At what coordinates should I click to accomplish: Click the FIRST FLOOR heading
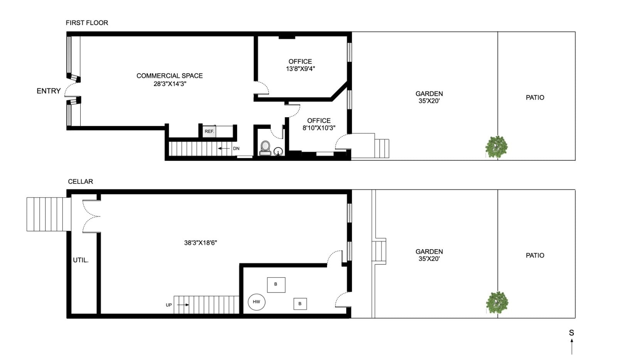87,23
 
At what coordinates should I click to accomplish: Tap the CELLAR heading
81,182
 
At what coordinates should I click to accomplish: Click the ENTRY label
49,91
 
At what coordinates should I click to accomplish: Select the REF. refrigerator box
209,132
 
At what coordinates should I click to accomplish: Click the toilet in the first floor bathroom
265,148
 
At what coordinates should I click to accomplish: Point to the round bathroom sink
278,151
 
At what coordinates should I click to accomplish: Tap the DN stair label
236,149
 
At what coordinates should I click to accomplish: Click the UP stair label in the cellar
169,305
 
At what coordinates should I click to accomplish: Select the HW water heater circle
256,302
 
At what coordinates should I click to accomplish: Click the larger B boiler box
276,285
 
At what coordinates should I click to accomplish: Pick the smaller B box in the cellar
300,304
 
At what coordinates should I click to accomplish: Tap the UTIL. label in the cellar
81,260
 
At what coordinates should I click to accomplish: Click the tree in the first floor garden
496,147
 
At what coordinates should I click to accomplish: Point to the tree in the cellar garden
497,303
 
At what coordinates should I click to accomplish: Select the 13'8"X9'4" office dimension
300,69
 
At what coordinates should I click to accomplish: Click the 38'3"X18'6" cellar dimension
201,243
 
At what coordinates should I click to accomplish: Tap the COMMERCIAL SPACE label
169,76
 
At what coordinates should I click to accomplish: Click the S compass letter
571,333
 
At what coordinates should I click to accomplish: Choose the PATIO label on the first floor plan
535,98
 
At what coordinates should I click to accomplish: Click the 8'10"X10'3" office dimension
319,128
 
